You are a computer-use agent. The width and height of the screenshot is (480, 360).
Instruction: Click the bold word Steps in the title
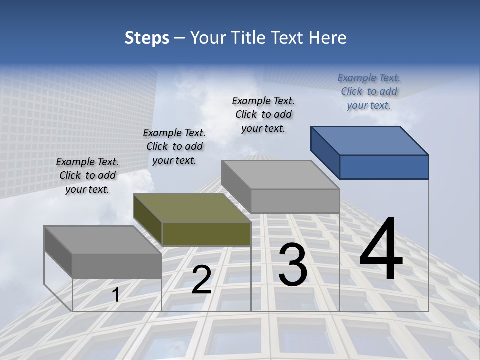click(147, 38)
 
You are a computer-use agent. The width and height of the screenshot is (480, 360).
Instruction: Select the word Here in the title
click(328, 38)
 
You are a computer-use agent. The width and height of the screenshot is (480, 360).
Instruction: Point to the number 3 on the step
click(293, 264)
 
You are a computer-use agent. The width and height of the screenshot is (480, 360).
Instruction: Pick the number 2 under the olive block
click(201, 280)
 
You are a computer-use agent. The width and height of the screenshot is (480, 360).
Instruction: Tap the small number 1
click(116, 295)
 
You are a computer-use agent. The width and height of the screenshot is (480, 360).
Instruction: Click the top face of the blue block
click(370, 140)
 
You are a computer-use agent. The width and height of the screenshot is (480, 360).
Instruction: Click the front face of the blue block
click(384, 167)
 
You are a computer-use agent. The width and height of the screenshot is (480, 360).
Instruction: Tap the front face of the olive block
click(206, 234)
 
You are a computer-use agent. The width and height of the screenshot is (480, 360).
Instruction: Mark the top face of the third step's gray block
click(280, 175)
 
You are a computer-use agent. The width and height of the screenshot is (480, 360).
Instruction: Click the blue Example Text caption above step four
click(369, 91)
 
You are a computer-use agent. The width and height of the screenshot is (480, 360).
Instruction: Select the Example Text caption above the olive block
click(174, 146)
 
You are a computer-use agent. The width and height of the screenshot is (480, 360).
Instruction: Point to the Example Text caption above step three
click(263, 114)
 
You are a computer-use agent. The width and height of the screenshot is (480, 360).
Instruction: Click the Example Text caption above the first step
click(87, 175)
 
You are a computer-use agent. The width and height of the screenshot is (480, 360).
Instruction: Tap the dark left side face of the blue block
click(325, 152)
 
